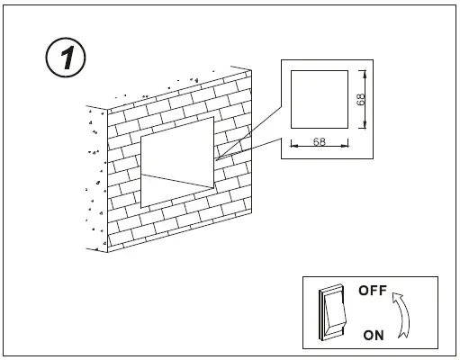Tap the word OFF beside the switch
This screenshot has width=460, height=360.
pos(372,291)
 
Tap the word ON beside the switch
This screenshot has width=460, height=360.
pos(374,335)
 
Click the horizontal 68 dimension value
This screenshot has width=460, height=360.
pos(319,142)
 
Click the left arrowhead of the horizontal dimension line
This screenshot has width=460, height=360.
pos(293,148)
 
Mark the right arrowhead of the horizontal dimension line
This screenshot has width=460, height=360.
pos(347,148)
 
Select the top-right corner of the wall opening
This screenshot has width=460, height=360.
pos(214,116)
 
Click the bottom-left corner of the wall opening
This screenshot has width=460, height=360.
pos(141,205)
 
